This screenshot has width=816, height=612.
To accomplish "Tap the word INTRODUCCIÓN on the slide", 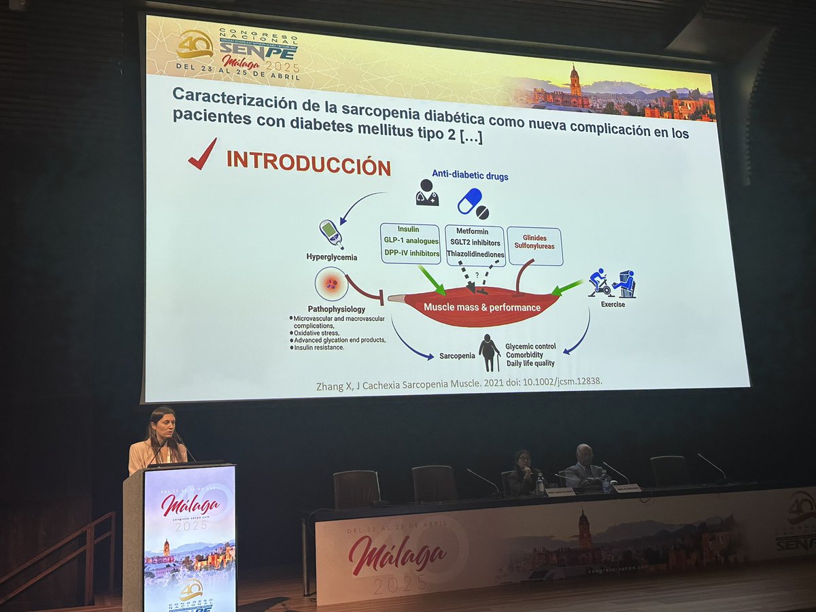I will pyautogui.click(x=308, y=163).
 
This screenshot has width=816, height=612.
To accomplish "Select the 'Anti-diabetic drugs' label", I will pyautogui.click(x=470, y=176).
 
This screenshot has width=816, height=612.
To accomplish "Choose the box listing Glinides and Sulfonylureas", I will pyautogui.click(x=534, y=246).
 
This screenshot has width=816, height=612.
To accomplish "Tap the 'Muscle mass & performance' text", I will pyautogui.click(x=481, y=307).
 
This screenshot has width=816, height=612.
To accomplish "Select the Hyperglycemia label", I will pyautogui.click(x=332, y=258).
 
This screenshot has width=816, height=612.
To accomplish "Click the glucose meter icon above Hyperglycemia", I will pyautogui.click(x=331, y=233).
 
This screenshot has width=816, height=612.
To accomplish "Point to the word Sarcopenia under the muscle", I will pyautogui.click(x=457, y=356).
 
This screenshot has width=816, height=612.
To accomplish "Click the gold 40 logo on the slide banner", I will pyautogui.click(x=194, y=46).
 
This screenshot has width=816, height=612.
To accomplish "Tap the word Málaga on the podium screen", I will pyautogui.click(x=190, y=505).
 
